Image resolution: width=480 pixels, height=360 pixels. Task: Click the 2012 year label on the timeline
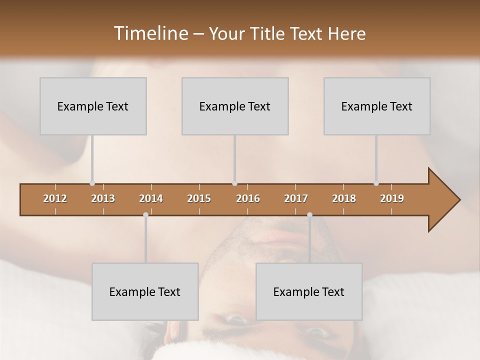point(55,198)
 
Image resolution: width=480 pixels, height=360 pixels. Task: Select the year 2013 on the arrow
point(103,198)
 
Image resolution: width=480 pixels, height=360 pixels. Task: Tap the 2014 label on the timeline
point(151,198)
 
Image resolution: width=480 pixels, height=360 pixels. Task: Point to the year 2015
point(199,198)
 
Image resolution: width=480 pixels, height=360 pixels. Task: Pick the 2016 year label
point(248,198)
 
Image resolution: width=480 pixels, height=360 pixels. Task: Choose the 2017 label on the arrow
point(296,198)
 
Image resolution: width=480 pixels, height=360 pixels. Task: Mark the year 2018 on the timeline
point(344,198)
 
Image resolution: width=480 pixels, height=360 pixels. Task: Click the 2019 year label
point(392,198)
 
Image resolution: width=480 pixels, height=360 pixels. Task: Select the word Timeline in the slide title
point(150,33)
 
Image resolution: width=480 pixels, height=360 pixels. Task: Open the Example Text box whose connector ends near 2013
point(93,106)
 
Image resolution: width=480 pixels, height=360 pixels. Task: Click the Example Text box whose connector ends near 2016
point(235,106)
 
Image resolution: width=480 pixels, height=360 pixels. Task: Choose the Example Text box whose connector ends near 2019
point(377,106)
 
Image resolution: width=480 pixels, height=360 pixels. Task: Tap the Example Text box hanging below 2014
point(145,291)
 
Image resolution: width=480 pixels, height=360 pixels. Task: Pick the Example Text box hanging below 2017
point(309,291)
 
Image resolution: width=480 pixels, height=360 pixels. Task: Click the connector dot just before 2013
point(92,183)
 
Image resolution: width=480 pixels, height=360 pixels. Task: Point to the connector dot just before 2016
point(234,183)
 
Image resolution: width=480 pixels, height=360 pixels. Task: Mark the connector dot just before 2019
point(376,183)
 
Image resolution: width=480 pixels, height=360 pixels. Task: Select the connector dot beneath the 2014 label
point(145,214)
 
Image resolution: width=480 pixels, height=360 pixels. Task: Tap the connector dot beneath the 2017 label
point(309,214)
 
